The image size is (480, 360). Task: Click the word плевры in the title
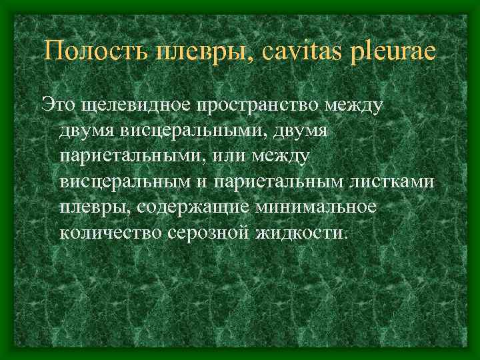(x=199, y=51)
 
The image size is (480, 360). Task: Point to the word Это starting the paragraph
(x=57, y=104)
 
